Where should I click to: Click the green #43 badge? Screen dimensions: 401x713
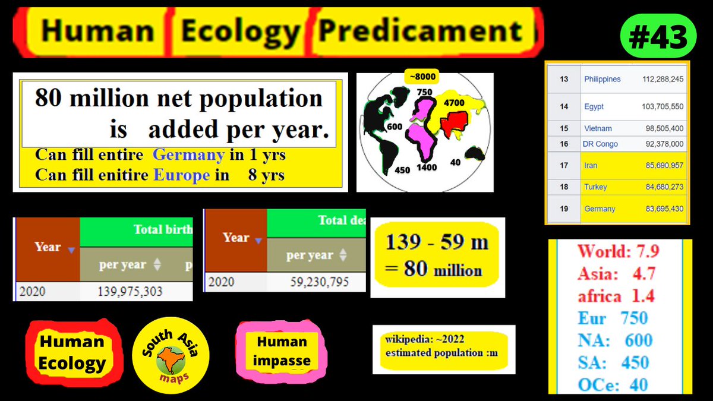[658, 38]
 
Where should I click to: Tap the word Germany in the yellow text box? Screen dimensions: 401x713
[188, 156]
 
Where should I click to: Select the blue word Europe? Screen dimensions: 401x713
[181, 175]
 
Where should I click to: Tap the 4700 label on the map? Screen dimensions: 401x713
[454, 103]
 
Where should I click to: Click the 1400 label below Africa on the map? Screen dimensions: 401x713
[427, 168]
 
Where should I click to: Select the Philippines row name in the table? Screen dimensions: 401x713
[602, 79]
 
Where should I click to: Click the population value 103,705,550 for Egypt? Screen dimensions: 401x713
[662, 106]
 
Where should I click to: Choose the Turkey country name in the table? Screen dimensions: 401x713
[595, 187]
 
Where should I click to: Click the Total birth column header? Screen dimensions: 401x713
[162, 230]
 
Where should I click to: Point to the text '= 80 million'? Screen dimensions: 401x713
[434, 270]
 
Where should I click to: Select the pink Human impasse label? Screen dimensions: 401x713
[282, 351]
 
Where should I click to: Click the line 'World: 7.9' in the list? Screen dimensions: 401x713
[618, 251]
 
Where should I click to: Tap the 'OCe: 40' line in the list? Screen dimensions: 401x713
[613, 384]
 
